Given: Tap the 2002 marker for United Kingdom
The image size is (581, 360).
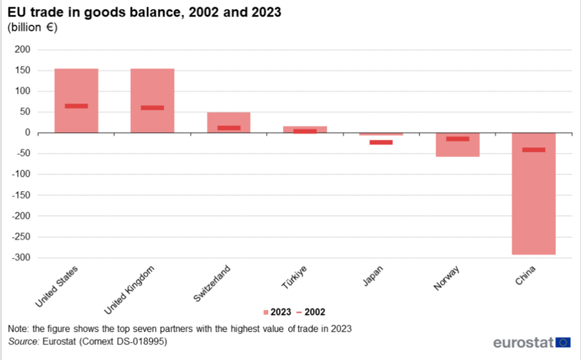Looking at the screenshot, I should [x=152, y=107].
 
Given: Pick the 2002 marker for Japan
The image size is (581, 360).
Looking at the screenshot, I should [x=381, y=142].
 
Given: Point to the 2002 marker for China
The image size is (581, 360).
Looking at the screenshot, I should [x=534, y=150].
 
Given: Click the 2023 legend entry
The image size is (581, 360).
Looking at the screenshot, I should [x=277, y=312].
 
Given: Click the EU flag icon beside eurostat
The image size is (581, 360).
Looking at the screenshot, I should [x=563, y=342].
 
